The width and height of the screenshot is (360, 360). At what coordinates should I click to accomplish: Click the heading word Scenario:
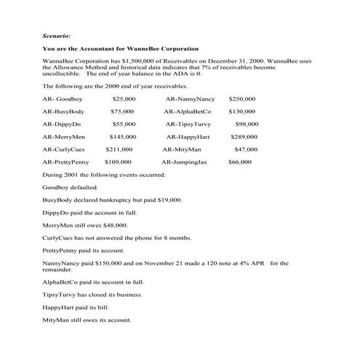click(57, 34)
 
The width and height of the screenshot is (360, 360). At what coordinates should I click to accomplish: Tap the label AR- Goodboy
click(60, 98)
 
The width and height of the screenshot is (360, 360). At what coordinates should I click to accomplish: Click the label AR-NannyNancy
click(190, 98)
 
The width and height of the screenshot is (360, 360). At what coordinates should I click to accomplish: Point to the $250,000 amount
click(242, 98)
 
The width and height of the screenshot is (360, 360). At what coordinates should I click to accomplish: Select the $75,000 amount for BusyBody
click(122, 111)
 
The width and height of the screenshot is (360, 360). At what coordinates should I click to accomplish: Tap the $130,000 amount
click(242, 111)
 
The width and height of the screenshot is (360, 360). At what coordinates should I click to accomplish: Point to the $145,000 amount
click(123, 137)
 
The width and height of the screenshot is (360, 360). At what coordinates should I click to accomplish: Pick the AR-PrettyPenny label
click(66, 161)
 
